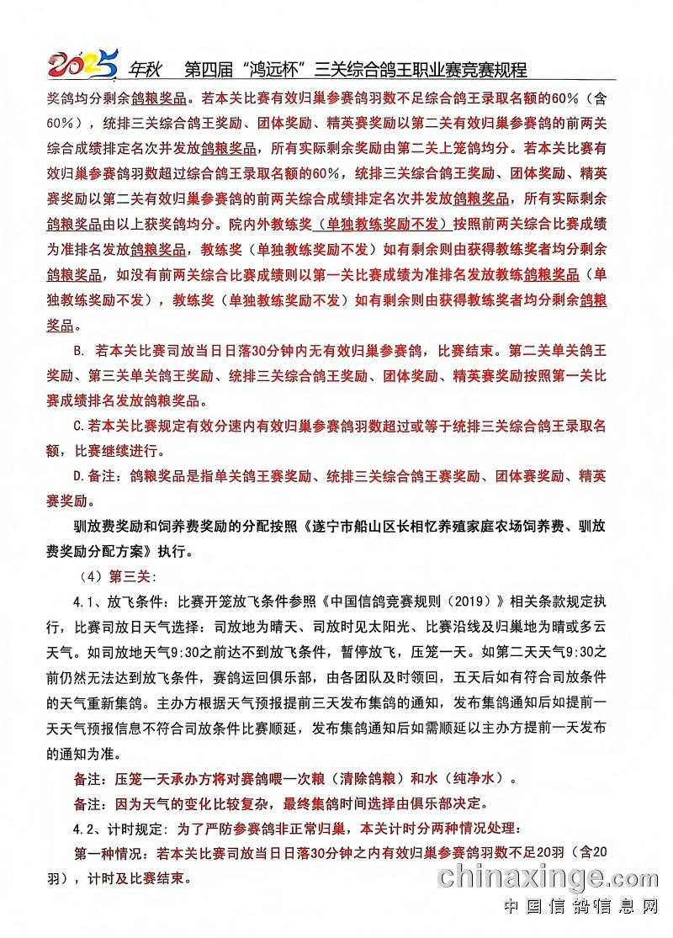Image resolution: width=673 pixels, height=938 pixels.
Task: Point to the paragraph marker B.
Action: pyautogui.click(x=80, y=349)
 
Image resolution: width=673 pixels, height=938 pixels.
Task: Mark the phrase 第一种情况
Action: pyautogui.click(x=110, y=853)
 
